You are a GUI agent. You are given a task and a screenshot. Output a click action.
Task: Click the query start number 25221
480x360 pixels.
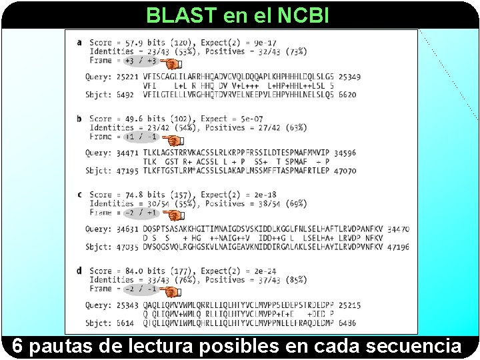click(127, 77)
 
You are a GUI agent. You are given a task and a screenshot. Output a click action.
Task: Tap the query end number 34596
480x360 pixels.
click(344, 153)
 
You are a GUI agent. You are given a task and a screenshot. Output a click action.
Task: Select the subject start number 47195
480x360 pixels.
click(127, 171)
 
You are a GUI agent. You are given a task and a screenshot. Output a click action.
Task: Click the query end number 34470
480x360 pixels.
click(397, 229)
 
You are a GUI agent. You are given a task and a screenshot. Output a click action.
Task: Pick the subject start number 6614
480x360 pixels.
click(125, 323)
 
